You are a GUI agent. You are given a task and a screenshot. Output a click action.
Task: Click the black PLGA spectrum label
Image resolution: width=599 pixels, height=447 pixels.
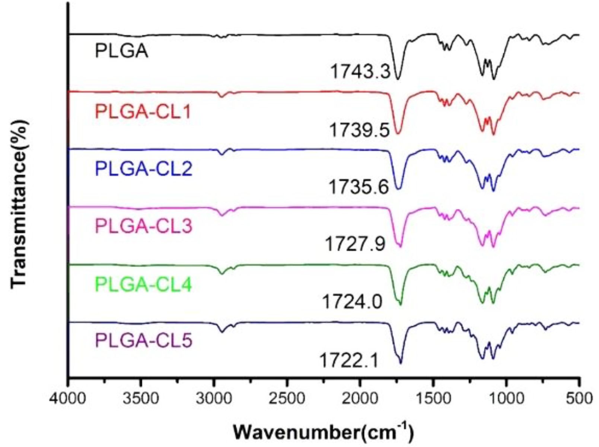121,51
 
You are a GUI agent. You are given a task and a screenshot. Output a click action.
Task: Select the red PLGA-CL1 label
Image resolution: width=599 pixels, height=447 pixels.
143,111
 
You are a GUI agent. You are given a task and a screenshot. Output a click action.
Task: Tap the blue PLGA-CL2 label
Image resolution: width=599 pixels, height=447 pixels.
144,169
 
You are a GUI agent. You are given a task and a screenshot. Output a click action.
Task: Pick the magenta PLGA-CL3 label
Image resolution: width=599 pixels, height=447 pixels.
144,226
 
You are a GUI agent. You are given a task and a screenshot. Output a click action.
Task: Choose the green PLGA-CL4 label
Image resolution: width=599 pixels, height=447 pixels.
144,285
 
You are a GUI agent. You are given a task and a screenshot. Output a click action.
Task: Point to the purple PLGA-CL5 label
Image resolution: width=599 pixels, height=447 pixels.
144,341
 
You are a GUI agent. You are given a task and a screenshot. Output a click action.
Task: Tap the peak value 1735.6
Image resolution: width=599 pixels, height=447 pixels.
359,187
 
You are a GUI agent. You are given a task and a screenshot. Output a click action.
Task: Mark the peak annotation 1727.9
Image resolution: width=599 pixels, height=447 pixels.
356,245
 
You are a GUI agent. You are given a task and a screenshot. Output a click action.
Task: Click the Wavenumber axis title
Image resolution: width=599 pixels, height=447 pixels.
323,432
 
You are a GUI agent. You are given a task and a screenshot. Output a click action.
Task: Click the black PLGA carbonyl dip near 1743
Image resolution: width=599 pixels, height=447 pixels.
398,78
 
